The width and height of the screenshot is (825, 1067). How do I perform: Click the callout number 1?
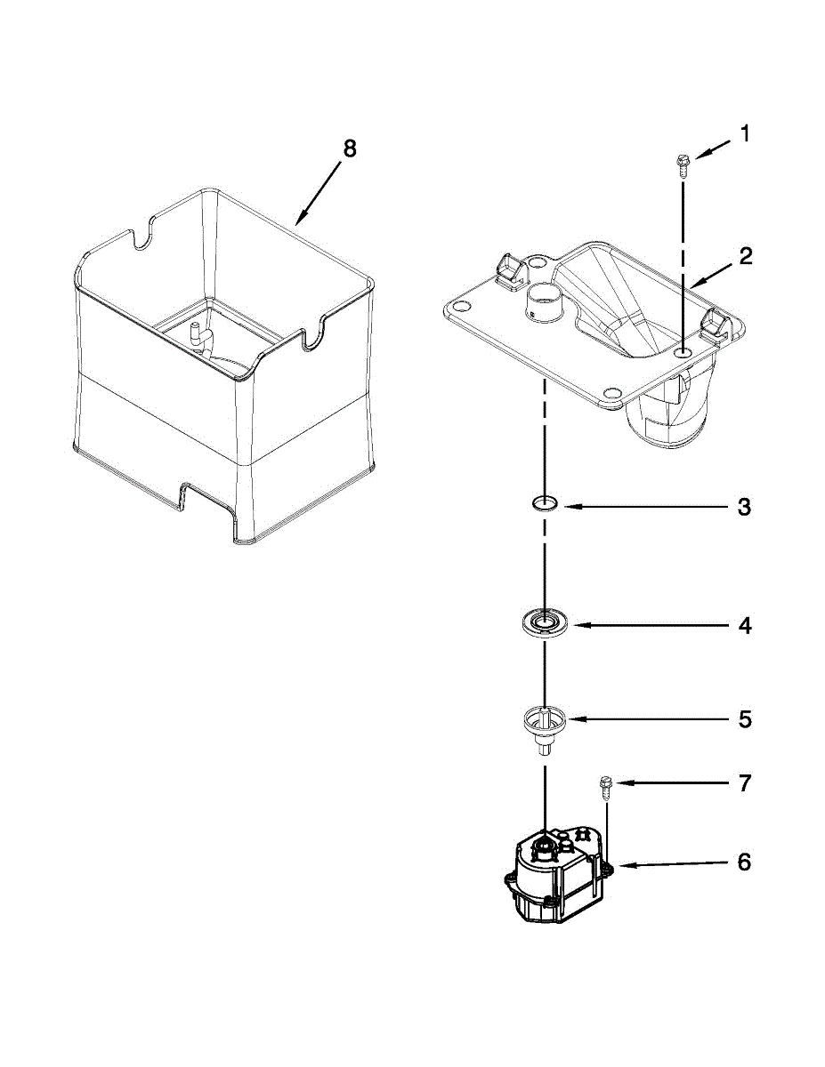coord(745,134)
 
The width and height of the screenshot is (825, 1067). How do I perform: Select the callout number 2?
coord(745,256)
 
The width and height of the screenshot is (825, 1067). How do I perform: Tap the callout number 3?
coord(745,508)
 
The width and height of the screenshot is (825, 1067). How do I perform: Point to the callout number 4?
coord(745,626)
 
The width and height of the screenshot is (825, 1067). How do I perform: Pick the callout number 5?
coord(745,718)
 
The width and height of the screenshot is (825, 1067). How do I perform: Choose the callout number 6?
coord(745,862)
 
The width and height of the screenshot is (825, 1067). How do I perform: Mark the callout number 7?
coord(745,783)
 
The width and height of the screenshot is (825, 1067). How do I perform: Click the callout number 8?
coord(349,148)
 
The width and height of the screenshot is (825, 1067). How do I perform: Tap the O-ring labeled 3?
coord(545,505)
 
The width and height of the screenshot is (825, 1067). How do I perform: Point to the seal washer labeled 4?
coord(544,622)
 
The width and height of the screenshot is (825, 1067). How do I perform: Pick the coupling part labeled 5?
coord(544,724)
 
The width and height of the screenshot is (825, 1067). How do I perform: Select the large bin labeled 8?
coord(222,373)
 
